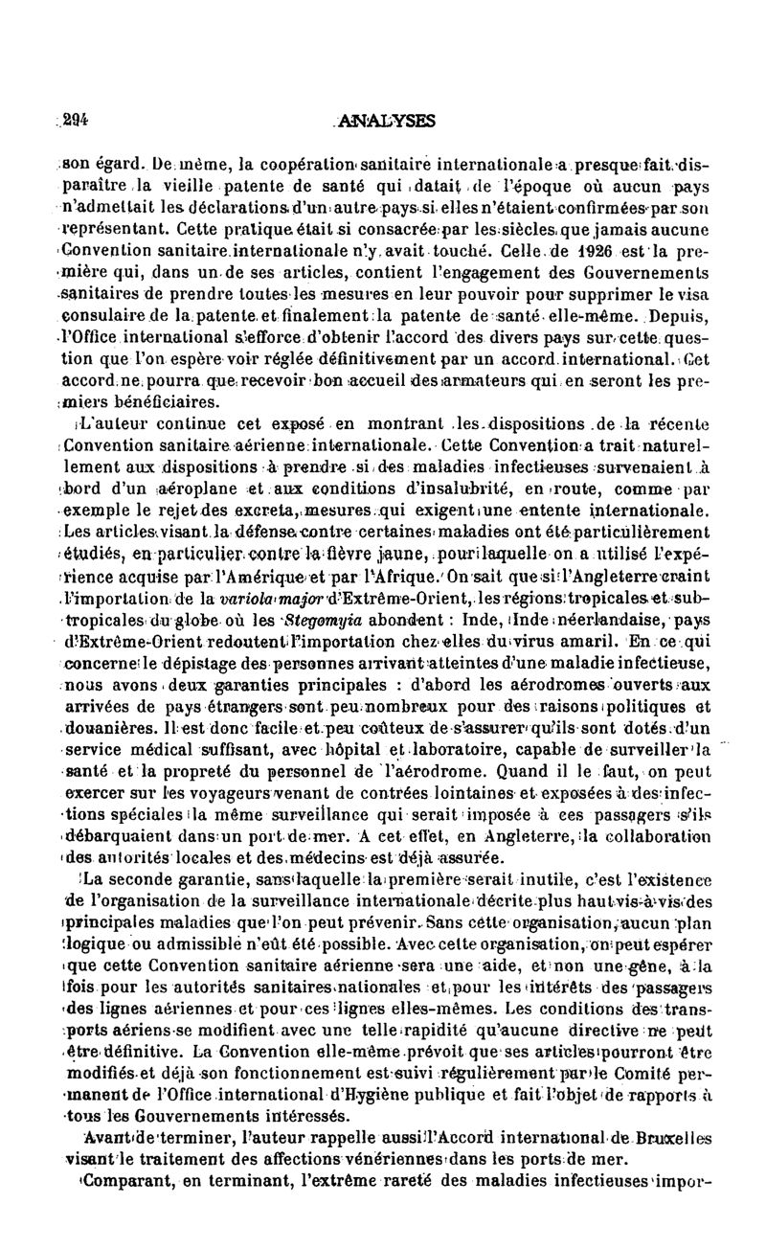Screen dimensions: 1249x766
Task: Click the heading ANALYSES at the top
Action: [x=395, y=121]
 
